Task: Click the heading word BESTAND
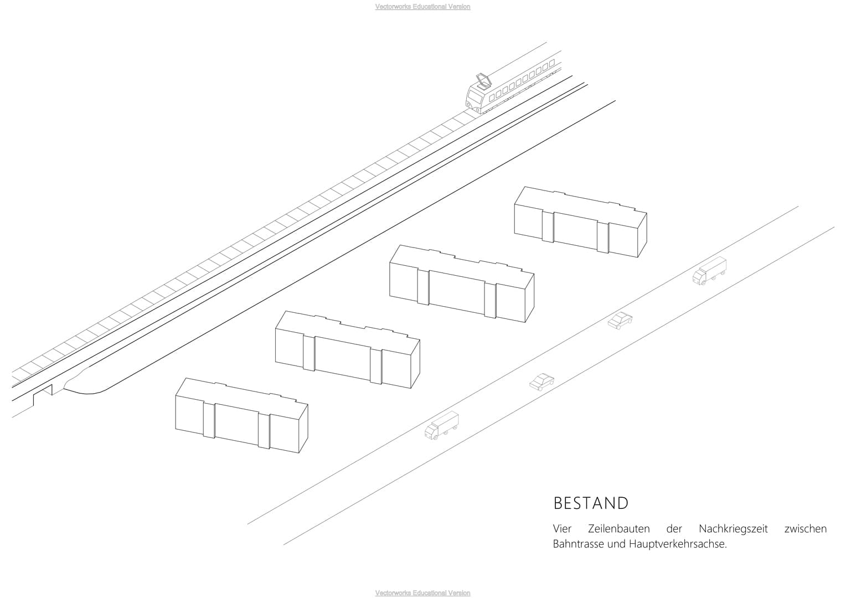(591, 503)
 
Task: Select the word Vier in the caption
(562, 529)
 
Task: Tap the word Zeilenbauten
(618, 529)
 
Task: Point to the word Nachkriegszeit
(733, 529)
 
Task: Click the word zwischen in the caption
(805, 529)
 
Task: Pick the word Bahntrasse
(578, 544)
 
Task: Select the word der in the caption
(674, 529)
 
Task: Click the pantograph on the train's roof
(483, 81)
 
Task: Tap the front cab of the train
(476, 101)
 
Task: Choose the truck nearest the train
(709, 270)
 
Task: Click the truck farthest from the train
(441, 425)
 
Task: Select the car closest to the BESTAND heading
(541, 382)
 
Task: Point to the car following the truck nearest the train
(620, 321)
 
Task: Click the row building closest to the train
(580, 222)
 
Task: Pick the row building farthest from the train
(241, 416)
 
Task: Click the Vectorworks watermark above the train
(422, 7)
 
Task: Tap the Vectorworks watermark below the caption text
(422, 593)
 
